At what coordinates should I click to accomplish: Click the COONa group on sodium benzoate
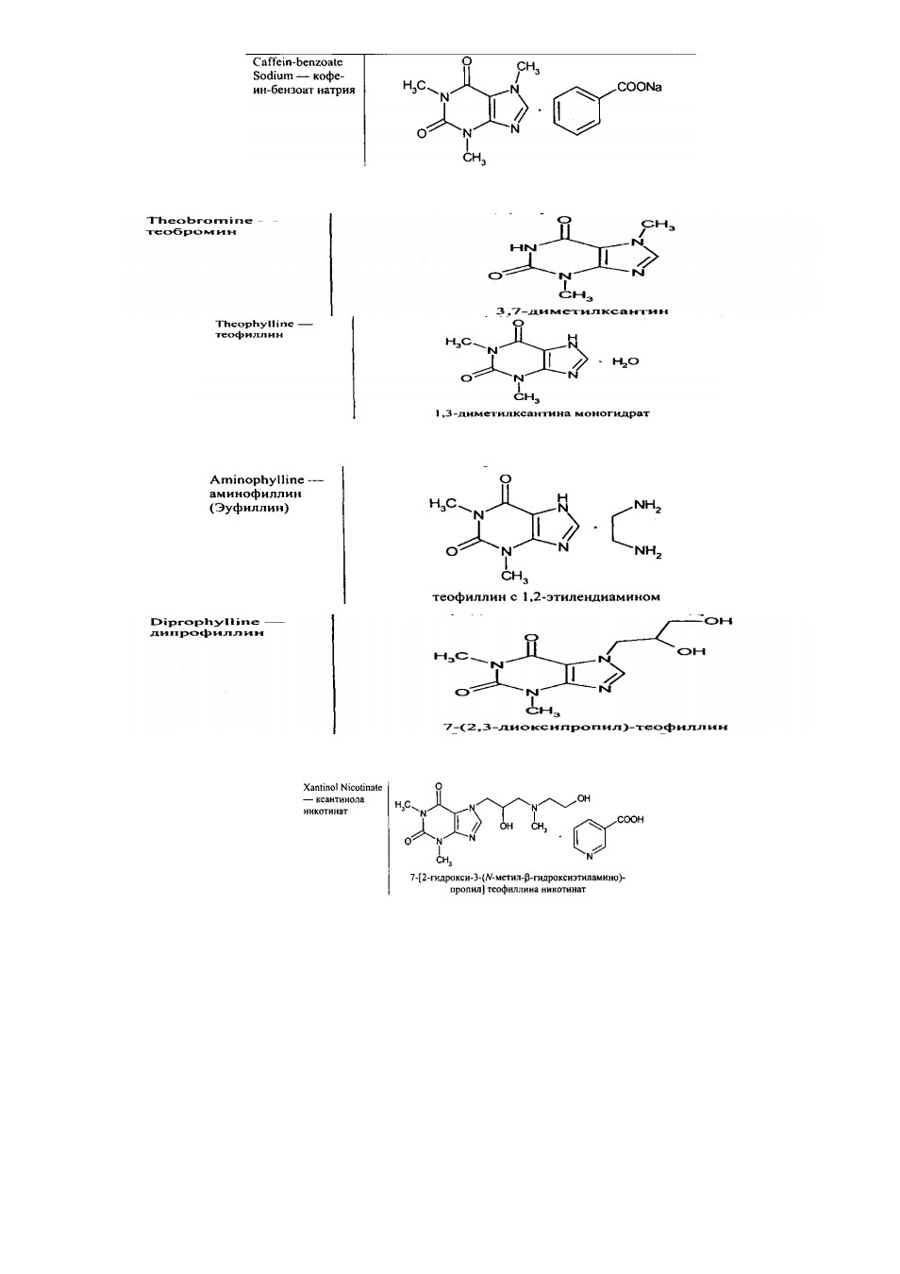[639, 88]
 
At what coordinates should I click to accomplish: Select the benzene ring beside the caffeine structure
[577, 110]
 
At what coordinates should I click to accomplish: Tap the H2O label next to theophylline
[625, 361]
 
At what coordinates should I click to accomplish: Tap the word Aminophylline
[257, 480]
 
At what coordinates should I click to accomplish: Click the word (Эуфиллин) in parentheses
[248, 508]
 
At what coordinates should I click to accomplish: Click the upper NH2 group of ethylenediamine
[647, 506]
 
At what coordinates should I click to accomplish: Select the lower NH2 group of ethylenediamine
[647, 551]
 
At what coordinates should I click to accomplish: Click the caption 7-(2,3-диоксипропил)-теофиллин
[585, 727]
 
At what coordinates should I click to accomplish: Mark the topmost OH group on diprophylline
[719, 621]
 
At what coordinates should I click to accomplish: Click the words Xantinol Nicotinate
[342, 788]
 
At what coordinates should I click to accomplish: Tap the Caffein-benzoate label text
[297, 62]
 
